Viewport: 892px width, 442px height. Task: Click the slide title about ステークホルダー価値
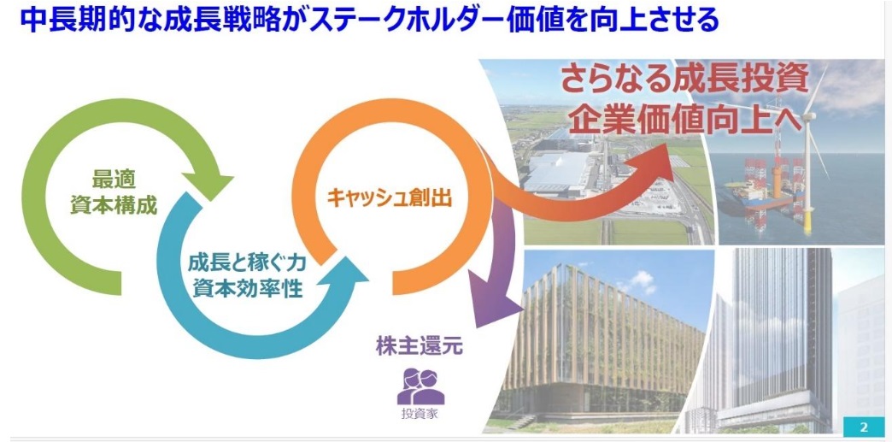369,20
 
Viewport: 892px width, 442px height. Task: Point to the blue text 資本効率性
247,288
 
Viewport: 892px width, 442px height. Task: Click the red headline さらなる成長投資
684,80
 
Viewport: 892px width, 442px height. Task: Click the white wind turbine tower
807,171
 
